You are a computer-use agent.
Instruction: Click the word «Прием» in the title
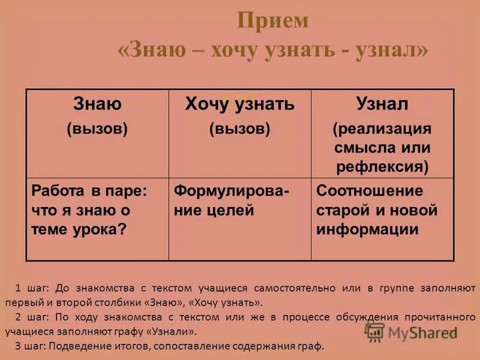click(273, 21)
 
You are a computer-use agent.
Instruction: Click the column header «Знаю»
click(97, 104)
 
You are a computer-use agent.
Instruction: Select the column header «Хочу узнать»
click(239, 104)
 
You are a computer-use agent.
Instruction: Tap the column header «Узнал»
click(382, 104)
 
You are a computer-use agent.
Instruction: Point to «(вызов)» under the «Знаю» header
click(97, 129)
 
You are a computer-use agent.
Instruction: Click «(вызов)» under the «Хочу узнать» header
click(239, 129)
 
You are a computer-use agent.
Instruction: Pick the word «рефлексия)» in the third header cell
click(382, 166)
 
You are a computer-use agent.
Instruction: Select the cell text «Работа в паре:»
click(89, 191)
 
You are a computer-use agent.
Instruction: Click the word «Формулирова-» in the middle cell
click(231, 191)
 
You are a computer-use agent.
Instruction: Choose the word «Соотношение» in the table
click(370, 191)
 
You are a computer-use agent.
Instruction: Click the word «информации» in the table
click(367, 230)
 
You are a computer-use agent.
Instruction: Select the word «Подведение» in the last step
click(78, 346)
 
